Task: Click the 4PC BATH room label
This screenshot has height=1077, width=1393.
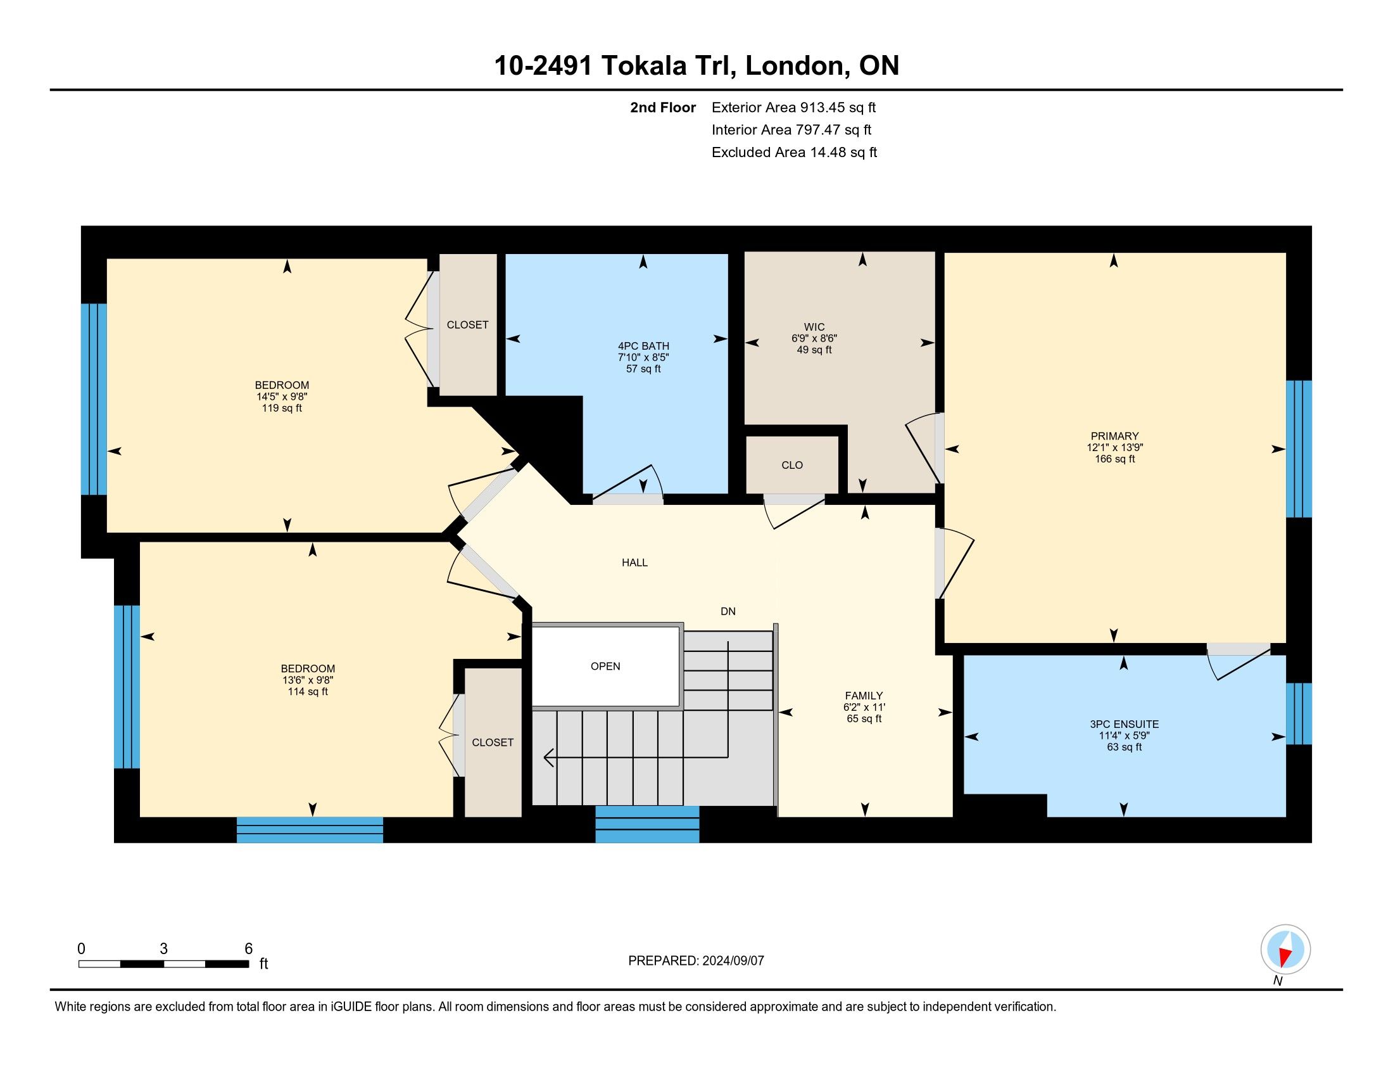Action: (x=643, y=347)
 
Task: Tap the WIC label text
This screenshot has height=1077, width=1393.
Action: (x=814, y=328)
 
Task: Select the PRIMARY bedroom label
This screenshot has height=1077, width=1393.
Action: (x=1114, y=437)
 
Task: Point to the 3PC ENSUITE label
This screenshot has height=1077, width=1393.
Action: (x=1125, y=724)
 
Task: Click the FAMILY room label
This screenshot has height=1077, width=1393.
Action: (x=864, y=696)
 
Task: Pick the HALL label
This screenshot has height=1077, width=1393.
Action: (x=634, y=562)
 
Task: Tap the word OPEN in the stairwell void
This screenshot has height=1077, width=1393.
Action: (x=605, y=666)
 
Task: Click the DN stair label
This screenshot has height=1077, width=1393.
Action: (x=728, y=611)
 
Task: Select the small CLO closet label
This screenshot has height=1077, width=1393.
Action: (x=792, y=465)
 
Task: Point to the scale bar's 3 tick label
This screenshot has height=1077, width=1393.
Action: (x=163, y=949)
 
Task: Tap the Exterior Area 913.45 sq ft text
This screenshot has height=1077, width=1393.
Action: (x=793, y=107)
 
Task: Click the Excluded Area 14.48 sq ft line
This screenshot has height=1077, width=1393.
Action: (x=794, y=152)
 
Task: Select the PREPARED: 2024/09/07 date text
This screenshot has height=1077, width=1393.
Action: (x=696, y=961)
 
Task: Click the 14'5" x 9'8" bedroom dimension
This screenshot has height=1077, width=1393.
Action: (x=282, y=396)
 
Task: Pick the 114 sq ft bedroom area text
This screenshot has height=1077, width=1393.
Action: (x=308, y=692)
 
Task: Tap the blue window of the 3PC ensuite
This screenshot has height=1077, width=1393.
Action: (x=1299, y=714)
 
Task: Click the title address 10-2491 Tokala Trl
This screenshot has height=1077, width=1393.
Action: (x=615, y=66)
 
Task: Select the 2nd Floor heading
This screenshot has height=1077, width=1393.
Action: (x=663, y=107)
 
